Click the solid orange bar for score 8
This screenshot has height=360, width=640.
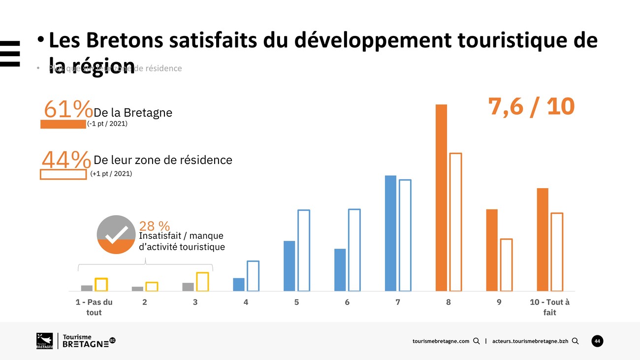tap(441, 197)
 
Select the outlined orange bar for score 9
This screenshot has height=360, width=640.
tap(506, 265)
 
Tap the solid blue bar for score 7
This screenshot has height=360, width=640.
tap(390, 233)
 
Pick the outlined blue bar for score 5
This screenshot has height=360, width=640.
tap(304, 250)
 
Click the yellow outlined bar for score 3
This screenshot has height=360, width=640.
tap(202, 282)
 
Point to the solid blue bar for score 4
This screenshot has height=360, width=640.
tap(238, 285)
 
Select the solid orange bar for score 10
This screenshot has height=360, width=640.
tap(543, 239)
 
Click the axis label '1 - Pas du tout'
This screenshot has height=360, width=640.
tap(94, 307)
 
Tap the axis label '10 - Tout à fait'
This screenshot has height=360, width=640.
tap(549, 307)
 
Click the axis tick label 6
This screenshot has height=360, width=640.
tap(347, 302)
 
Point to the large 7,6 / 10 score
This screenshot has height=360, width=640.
tap(531, 106)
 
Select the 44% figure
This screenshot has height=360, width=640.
tap(66, 159)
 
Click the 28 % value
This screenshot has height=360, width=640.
tap(155, 226)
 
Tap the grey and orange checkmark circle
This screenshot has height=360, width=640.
tap(116, 235)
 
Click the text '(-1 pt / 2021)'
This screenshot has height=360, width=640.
tap(107, 124)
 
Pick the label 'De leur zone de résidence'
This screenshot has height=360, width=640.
tap(162, 160)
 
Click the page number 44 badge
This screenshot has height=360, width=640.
tap(597, 341)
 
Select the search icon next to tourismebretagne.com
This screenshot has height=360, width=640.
tap(476, 341)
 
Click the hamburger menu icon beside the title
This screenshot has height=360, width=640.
tap(9, 53)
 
